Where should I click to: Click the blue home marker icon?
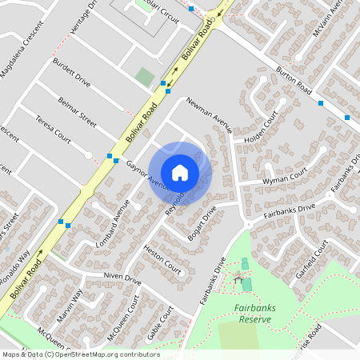[x=180, y=173]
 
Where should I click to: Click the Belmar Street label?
[x=78, y=112]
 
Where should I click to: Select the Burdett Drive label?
[x=71, y=71]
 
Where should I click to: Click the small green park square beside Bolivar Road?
[x=145, y=77]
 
